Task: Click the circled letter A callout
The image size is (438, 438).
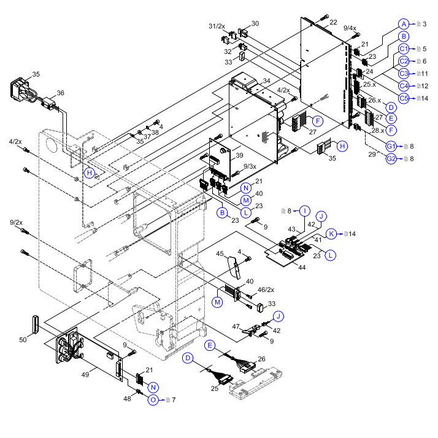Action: [403, 24]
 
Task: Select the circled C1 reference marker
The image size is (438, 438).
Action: [404, 48]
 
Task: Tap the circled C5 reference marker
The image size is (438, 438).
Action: [404, 98]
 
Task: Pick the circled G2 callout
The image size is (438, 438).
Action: [391, 159]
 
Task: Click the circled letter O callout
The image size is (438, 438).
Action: [153, 400]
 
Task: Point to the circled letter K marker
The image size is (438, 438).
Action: [331, 234]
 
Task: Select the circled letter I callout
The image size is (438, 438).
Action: [304, 211]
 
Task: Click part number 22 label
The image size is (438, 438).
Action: [333, 22]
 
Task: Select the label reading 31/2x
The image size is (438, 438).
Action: [217, 26]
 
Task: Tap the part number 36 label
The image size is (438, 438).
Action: [60, 93]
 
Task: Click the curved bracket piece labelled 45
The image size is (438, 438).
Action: [234, 267]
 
